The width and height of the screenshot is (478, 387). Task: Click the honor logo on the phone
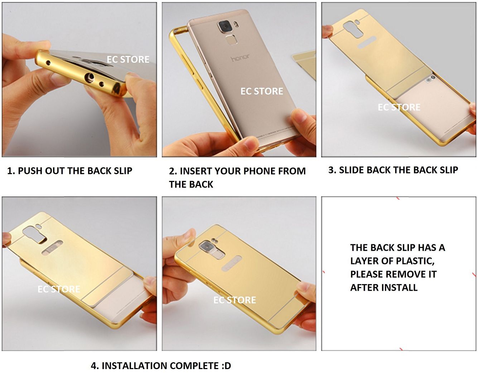click(240, 58)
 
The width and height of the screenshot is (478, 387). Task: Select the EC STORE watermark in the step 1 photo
click(128, 59)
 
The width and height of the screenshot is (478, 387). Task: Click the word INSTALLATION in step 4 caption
click(134, 366)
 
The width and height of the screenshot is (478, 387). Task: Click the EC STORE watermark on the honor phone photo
click(262, 91)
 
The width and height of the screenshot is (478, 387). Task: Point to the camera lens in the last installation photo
click(204, 247)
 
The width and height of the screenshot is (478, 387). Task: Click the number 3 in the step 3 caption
click(331, 170)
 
